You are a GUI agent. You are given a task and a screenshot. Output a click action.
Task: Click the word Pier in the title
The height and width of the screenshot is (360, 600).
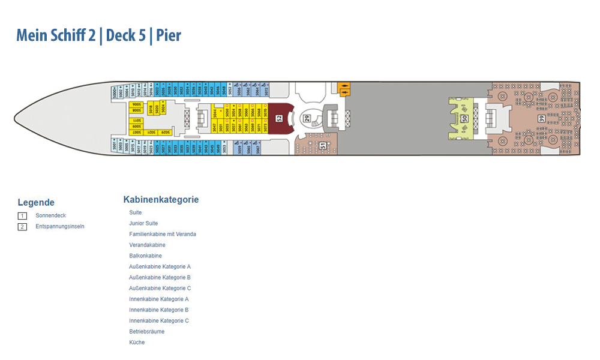[169, 35]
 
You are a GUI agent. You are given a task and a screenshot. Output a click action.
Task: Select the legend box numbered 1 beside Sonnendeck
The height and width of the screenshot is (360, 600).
[22, 215]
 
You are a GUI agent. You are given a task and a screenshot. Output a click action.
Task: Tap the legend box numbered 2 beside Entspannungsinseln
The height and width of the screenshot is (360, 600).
[22, 227]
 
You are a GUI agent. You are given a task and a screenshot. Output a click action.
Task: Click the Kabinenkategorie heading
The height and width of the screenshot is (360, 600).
[161, 200]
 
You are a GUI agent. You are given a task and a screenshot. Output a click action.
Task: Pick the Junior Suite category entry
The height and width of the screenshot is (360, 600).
[143, 224]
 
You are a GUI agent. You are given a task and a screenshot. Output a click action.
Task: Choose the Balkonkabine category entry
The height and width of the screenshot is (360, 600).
[145, 256]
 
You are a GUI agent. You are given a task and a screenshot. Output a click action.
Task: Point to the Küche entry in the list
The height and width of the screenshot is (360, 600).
[137, 343]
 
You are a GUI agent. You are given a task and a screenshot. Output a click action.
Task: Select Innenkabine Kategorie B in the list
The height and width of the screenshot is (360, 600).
[158, 310]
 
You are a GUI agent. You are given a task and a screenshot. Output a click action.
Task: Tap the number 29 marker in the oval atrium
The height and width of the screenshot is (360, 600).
[306, 118]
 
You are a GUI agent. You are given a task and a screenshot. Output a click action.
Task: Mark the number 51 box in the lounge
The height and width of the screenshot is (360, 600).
[323, 145]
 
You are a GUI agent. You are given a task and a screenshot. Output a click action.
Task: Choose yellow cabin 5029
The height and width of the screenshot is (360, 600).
[165, 132]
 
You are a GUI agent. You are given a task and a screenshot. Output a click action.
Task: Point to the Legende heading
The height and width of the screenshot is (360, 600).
[36, 203]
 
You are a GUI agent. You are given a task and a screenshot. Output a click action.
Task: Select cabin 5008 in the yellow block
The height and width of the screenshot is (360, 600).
[136, 111]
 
